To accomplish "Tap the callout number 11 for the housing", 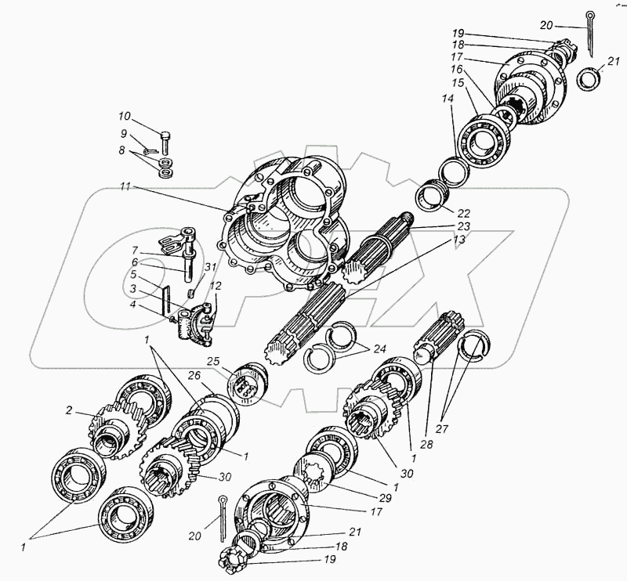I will pyautogui.click(x=126, y=189).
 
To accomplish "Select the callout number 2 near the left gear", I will pyautogui.click(x=70, y=410).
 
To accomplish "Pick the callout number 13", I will pyautogui.click(x=458, y=239).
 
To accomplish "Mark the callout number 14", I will pyautogui.click(x=447, y=98).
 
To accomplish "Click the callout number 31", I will pyautogui.click(x=209, y=266).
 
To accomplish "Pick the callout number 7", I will pyautogui.click(x=134, y=251).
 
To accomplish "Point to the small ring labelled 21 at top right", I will pyautogui.click(x=589, y=81).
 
